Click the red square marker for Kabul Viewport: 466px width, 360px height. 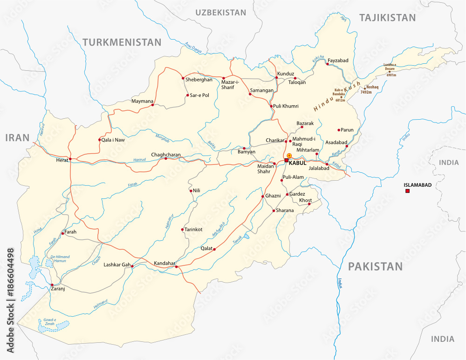pyautogui.click(x=286, y=160)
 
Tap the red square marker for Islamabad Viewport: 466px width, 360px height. pyautogui.click(x=407, y=191)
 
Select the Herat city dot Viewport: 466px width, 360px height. pyautogui.click(x=70, y=159)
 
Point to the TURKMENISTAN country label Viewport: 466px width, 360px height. pyautogui.click(x=122, y=42)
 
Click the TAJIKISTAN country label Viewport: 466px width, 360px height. pyautogui.click(x=387, y=18)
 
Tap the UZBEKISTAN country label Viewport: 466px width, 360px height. pyautogui.click(x=220, y=13)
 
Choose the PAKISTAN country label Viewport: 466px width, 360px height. pyautogui.click(x=375, y=266)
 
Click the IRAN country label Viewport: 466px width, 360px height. pyautogui.click(x=17, y=137)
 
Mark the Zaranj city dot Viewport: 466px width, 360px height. pyautogui.click(x=52, y=285)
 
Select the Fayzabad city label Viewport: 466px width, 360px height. pyautogui.click(x=338, y=61)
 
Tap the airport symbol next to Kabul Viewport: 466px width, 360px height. pyautogui.click(x=289, y=155)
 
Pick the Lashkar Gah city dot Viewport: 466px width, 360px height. pyautogui.click(x=132, y=266)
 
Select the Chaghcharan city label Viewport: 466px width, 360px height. pyautogui.click(x=165, y=154)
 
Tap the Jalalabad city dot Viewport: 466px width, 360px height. pyautogui.click(x=327, y=164)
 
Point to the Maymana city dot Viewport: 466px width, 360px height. pyautogui.click(x=152, y=105)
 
